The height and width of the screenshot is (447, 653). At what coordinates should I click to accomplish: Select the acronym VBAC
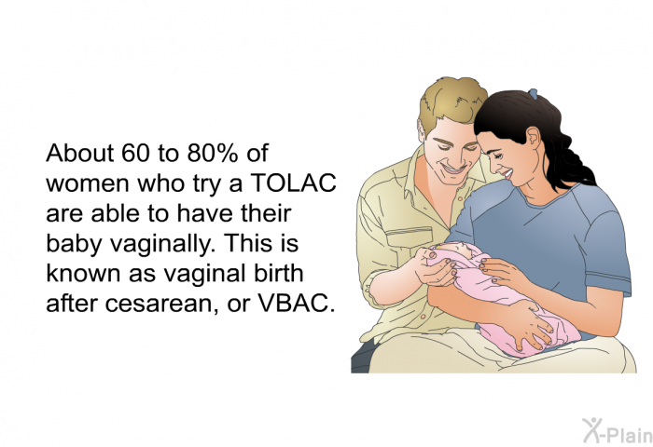click(x=296, y=304)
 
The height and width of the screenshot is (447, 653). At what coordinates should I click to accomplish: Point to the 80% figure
click(x=213, y=153)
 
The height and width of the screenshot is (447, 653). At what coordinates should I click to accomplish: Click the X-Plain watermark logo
click(x=618, y=431)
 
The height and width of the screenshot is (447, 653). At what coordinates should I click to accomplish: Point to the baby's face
click(x=458, y=251)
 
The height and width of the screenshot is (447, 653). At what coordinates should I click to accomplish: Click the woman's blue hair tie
click(x=533, y=94)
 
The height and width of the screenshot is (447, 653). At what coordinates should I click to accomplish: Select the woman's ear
click(x=534, y=136)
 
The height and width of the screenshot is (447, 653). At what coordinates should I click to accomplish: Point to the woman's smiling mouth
click(x=507, y=173)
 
